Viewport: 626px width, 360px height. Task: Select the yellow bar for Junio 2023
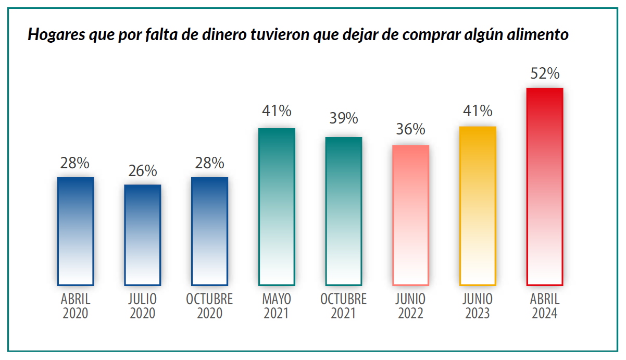(478, 206)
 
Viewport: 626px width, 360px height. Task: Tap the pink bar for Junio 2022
(410, 215)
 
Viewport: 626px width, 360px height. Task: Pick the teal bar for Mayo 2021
(277, 206)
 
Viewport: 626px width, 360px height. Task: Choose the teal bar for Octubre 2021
(344, 211)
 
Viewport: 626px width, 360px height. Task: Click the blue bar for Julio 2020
(143, 235)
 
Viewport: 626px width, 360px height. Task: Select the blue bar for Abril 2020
(76, 231)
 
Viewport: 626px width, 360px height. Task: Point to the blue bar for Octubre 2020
(209, 231)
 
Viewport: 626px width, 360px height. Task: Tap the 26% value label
(143, 171)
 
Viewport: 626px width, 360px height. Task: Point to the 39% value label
(344, 118)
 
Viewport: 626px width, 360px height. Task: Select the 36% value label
(410, 129)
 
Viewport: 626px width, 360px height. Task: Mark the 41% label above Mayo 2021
(277, 111)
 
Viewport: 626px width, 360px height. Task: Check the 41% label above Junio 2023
(478, 111)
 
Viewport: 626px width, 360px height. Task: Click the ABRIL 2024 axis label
(545, 306)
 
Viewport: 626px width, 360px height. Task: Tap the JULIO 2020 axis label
(143, 306)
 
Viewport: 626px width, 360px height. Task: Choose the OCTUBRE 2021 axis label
(344, 306)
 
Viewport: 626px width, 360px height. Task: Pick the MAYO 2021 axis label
(277, 306)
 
